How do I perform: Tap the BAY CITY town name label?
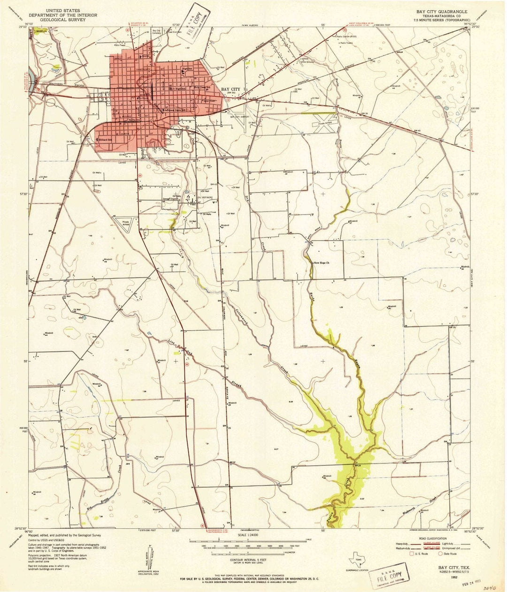(230, 89)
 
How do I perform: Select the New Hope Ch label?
(322, 263)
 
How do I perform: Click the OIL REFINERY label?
(205, 197)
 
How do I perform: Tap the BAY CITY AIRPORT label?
(239, 117)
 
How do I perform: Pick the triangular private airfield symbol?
(124, 222)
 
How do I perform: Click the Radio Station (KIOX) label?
(346, 36)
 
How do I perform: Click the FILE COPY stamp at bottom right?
(389, 572)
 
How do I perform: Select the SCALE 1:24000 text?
(248, 535)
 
